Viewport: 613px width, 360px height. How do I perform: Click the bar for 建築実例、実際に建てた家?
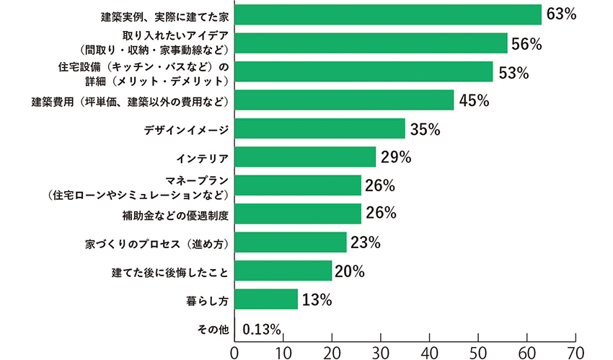pos(388,15)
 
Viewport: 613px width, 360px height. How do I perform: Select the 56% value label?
pos(526,44)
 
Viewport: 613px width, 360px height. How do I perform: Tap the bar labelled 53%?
pos(363,71)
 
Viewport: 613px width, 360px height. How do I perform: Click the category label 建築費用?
pos(130,101)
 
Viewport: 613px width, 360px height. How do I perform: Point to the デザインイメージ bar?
pos(319,129)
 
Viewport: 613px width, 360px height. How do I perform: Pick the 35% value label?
pos(425,130)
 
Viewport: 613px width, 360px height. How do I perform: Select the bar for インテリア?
pos(305,157)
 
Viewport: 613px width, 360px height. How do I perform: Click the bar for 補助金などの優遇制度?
pos(298,214)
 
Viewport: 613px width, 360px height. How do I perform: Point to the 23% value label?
pos(365,242)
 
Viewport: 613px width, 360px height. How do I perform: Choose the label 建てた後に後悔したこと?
pos(170,271)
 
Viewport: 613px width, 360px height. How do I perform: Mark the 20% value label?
pos(350,271)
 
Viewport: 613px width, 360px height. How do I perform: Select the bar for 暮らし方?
pos(266,299)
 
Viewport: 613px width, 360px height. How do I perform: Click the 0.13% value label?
pos(261,330)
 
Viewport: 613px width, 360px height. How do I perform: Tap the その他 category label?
pos(213,329)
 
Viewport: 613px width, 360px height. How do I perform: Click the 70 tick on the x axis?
pos(575,351)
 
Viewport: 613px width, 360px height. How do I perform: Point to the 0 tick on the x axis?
pos(234,351)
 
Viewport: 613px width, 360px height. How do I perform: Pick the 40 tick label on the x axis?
pos(429,351)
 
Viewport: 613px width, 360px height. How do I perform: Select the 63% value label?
pos(560,15)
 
